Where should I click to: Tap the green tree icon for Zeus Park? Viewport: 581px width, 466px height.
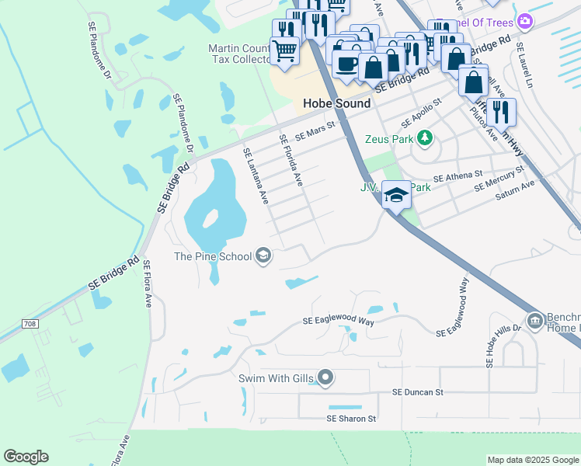point(424,138)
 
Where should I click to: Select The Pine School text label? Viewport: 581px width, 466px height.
point(213,256)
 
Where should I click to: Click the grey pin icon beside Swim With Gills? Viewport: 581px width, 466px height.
point(325,378)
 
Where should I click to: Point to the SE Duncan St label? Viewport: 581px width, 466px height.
point(417,392)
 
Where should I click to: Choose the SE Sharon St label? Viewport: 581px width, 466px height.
point(350,418)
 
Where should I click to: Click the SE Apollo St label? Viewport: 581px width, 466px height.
point(421,113)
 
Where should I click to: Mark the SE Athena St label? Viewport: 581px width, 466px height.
point(457,178)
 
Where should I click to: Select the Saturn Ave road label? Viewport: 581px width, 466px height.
point(516,190)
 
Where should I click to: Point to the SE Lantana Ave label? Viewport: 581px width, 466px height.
point(256,176)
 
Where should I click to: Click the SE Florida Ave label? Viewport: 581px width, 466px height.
point(290,160)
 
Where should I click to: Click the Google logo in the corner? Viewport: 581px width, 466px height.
point(26,457)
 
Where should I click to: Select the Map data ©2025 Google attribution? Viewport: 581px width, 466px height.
point(533,460)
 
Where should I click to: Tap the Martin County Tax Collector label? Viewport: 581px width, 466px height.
point(239,54)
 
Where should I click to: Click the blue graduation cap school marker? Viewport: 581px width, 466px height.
point(396,196)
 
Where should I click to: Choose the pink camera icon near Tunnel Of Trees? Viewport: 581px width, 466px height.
point(525,20)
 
